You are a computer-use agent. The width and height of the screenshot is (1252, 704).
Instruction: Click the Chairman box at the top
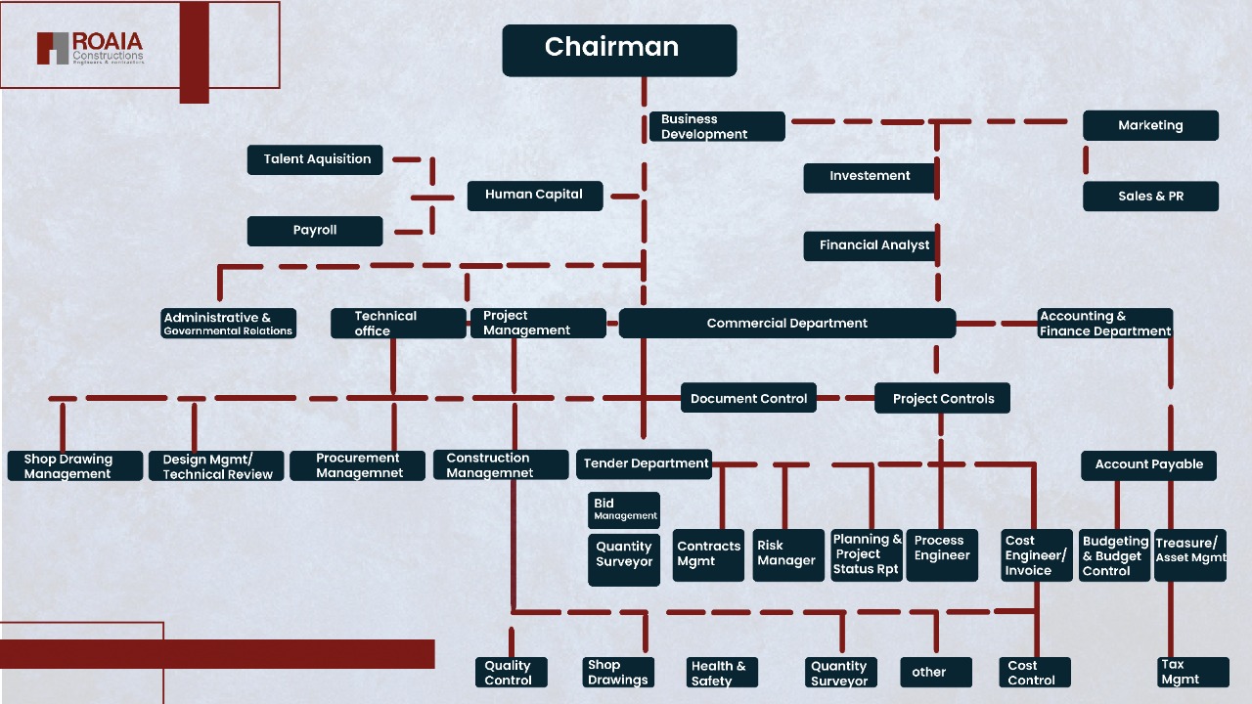tap(619, 50)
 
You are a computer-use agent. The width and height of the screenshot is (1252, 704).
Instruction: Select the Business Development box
tap(717, 126)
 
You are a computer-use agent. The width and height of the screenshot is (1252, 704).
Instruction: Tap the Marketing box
tap(1150, 125)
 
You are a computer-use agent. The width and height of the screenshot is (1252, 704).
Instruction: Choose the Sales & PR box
tap(1150, 196)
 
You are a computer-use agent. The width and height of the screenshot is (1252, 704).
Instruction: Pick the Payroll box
tap(315, 231)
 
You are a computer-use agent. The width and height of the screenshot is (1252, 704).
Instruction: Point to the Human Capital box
tap(534, 195)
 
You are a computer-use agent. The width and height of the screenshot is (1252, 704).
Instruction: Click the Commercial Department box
tap(787, 324)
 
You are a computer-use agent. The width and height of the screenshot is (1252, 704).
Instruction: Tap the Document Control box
tap(748, 398)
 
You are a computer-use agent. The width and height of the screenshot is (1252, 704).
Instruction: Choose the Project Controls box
tap(942, 398)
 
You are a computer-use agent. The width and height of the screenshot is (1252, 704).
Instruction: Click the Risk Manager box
tap(788, 554)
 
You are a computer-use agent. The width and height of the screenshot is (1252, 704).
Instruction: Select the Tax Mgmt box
tap(1191, 672)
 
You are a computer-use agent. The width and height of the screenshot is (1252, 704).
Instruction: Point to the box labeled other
tap(936, 672)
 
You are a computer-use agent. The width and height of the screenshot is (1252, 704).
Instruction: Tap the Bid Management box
tap(624, 509)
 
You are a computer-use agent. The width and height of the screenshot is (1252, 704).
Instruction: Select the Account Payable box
tap(1148, 464)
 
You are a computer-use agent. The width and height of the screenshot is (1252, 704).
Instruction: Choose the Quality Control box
tap(511, 673)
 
